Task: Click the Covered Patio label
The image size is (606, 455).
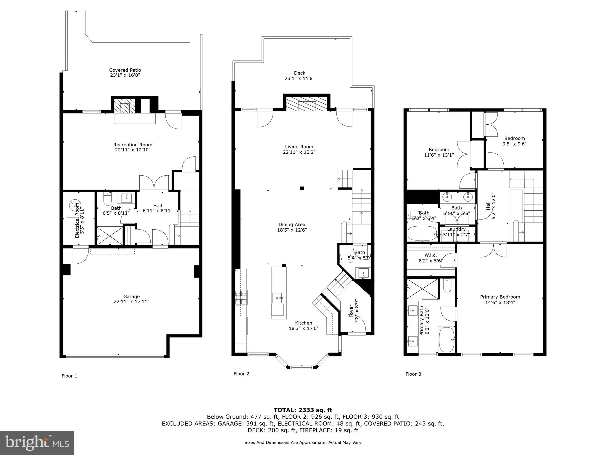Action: tap(125, 70)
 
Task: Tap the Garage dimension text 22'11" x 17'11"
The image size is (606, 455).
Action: tap(131, 302)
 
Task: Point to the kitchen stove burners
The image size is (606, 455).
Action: tap(241, 297)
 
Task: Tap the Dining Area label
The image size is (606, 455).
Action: tap(292, 225)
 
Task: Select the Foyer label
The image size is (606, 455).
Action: tap(352, 311)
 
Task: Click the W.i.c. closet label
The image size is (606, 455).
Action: tap(430, 255)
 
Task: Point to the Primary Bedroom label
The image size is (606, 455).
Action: tap(500, 297)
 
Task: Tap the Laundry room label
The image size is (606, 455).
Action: tap(456, 229)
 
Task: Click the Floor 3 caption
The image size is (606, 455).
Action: tap(413, 374)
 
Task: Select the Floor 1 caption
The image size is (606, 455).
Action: tap(69, 376)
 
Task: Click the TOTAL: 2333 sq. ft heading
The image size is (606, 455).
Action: tap(303, 410)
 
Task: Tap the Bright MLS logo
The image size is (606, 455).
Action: tap(37, 443)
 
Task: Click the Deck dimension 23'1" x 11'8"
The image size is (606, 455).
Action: tap(299, 78)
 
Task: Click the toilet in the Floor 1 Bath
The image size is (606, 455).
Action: tap(107, 199)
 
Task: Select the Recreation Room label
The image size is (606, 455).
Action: tap(133, 145)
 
